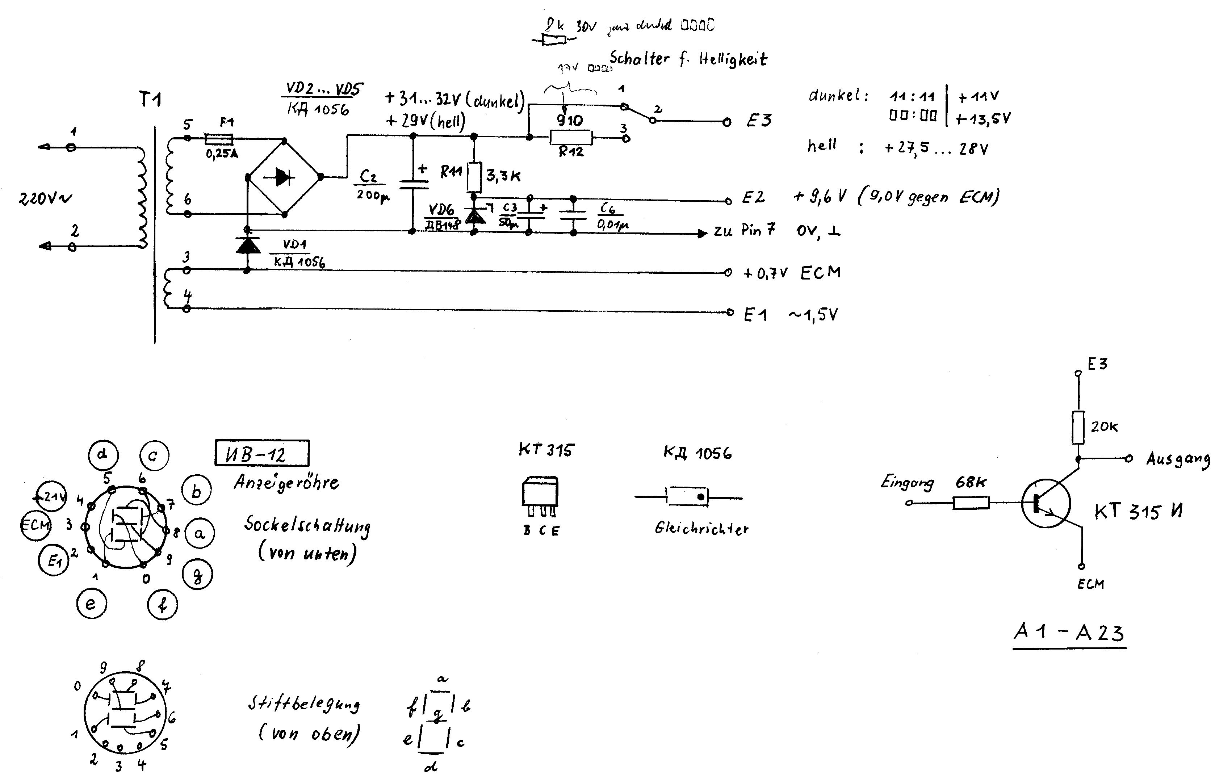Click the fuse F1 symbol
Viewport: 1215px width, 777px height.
(x=218, y=138)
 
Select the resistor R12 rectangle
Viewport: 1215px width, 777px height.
(x=571, y=137)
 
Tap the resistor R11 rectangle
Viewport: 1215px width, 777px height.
(x=474, y=177)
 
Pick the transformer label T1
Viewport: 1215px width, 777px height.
(x=150, y=100)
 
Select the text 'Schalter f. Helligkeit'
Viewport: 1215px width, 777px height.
(x=688, y=59)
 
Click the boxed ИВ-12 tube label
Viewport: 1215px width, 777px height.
(x=262, y=454)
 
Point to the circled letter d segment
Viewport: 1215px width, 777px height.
(x=103, y=455)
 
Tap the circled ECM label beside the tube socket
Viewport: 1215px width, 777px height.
(x=35, y=525)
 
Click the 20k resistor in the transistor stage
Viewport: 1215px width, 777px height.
(x=1078, y=427)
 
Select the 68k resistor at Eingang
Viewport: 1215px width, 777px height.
(x=971, y=503)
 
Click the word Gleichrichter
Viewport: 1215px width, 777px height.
(x=701, y=529)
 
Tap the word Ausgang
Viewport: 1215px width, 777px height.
(x=1178, y=459)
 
